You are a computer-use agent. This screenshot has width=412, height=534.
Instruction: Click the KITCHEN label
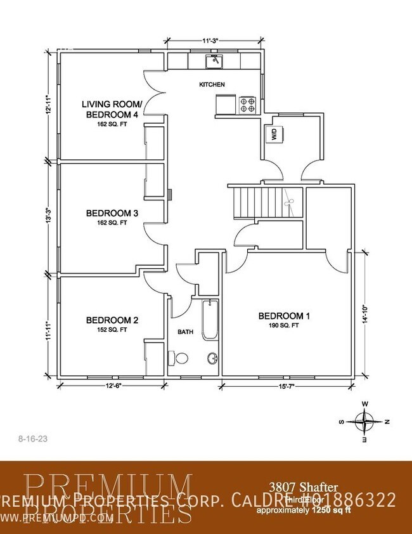coord(212,84)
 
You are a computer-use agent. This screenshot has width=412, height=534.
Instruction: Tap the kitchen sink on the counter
coord(215,61)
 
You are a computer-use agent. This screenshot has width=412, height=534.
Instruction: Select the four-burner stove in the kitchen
coord(247,105)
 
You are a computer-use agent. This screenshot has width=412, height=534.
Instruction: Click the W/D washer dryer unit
coord(274,134)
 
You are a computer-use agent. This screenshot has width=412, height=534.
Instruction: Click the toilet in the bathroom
coord(179,359)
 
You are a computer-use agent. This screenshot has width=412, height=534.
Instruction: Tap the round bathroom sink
coord(212,360)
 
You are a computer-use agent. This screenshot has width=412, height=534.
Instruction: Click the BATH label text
coord(185,331)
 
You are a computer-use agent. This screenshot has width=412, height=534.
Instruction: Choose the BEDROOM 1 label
coord(284,316)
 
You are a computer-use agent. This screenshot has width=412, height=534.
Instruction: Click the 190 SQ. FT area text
coord(284,325)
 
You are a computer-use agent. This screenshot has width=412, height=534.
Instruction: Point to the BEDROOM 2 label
coord(112,320)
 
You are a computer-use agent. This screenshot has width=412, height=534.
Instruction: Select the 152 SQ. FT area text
coord(112,330)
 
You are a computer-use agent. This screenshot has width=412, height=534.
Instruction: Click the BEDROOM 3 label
coord(112,213)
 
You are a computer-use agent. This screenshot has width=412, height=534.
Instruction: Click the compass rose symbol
coord(365,420)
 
